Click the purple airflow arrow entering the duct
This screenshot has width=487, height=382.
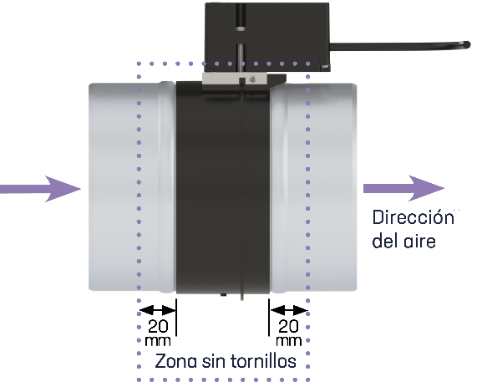40,189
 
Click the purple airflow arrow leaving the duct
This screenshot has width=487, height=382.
403,188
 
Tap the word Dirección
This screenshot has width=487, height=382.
413,217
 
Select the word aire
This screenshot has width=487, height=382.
419,242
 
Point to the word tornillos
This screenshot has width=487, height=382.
264,361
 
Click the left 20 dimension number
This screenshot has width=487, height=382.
158,326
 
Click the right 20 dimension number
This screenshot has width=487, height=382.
289,326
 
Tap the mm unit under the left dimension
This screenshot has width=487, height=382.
158,341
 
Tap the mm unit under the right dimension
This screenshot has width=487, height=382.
289,341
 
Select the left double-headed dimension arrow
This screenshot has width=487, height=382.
158,310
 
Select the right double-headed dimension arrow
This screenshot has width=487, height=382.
289,310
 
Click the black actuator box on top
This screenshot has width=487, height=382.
266,34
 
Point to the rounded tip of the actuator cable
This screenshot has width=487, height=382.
468,45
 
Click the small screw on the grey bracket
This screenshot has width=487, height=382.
252,79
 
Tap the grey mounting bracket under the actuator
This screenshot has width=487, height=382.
234,79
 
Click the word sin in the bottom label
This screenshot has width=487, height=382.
214,361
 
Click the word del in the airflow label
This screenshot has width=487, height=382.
383,241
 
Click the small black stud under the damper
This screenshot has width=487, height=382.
223,295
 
